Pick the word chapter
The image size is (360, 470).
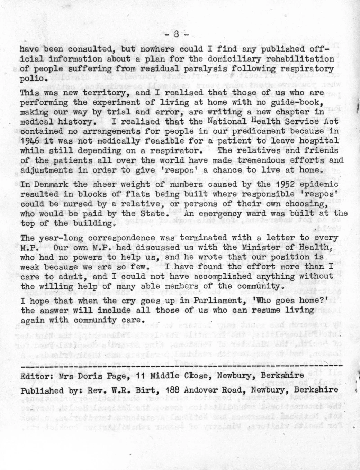pyautogui.click(x=299, y=112)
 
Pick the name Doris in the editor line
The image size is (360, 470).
pyautogui.click(x=96, y=376)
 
